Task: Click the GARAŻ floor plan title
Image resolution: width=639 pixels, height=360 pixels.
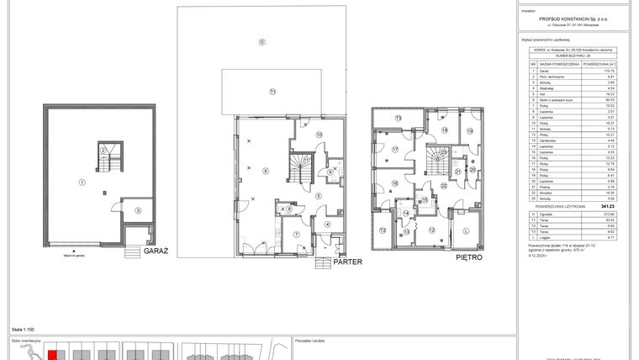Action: [158, 251]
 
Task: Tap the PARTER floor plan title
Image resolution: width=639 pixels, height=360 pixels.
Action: [347, 262]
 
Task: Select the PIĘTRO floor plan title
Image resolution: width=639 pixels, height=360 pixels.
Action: [470, 257]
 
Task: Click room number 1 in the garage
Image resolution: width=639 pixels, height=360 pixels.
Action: [82, 182]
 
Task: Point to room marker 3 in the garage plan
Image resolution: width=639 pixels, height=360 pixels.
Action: [140, 209]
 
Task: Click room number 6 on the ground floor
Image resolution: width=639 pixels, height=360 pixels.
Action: [265, 171]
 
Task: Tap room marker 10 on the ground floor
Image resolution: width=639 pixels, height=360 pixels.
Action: [319, 135]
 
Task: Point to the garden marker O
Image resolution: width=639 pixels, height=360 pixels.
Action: [261, 41]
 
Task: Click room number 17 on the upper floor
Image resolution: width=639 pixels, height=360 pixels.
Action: [394, 151]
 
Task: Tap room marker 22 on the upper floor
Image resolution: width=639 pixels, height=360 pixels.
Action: [443, 184]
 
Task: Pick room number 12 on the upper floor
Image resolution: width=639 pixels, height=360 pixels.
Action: [432, 230]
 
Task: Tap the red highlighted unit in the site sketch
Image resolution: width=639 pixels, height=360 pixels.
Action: [52, 355]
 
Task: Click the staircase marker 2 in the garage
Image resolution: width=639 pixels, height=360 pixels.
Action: [103, 150]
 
